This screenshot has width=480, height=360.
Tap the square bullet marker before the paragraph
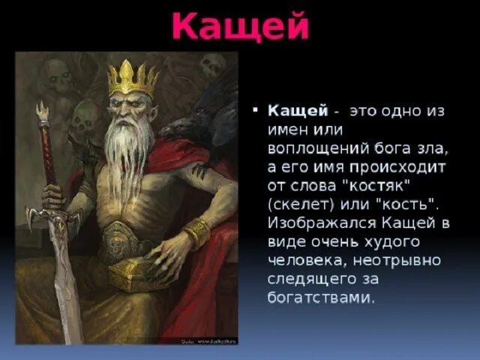(256, 110)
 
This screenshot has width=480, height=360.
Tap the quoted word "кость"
(406, 205)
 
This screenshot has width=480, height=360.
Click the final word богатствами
(319, 298)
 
